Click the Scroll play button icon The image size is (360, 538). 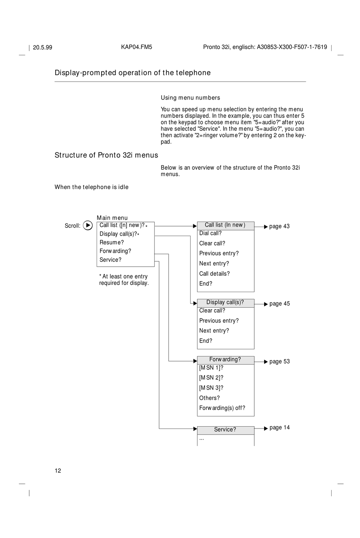(x=88, y=225)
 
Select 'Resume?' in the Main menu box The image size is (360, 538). (x=111, y=242)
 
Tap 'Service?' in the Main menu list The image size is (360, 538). (x=110, y=260)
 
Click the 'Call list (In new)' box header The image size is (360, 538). (x=225, y=225)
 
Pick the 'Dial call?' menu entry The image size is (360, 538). (x=210, y=233)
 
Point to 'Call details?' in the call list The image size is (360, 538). (x=214, y=274)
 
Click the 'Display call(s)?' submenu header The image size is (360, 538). (x=225, y=302)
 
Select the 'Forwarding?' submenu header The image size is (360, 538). (x=225, y=360)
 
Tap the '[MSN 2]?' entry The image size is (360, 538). (x=211, y=378)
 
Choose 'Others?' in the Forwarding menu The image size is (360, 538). (x=210, y=398)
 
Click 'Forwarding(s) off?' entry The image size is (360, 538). (x=222, y=408)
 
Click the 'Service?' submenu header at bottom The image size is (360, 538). (x=225, y=430)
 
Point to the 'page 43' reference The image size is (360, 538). (x=279, y=227)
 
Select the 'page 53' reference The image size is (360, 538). (x=279, y=361)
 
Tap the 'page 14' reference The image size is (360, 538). (x=279, y=428)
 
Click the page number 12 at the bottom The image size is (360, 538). (x=58, y=471)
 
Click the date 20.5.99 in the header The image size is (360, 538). (x=42, y=48)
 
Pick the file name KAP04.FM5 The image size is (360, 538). (x=136, y=47)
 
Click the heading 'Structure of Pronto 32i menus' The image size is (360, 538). (x=106, y=155)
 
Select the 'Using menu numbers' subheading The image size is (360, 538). (x=190, y=98)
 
